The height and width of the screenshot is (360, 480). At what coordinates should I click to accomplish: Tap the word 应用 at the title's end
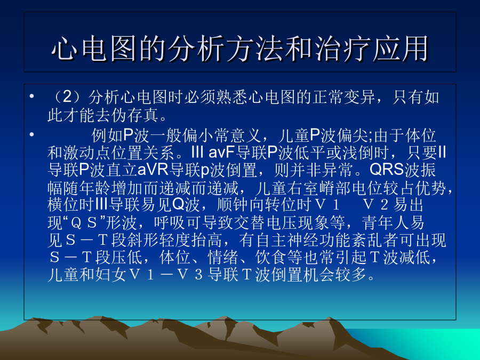pos(400,49)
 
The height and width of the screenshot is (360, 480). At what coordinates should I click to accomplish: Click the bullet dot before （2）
pos(31,97)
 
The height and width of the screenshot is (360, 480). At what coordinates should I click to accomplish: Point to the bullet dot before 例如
pos(31,134)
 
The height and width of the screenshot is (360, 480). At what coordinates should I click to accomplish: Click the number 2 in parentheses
pos(67,97)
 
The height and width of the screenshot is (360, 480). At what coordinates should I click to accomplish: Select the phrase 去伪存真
pos(127,115)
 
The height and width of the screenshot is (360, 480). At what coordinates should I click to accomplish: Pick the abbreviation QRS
pos(387,169)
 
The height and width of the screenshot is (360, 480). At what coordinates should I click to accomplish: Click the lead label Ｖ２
pos(375,205)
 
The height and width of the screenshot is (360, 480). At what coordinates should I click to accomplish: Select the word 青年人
pos(393,222)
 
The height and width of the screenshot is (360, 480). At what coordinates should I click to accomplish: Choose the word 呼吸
pos(169,222)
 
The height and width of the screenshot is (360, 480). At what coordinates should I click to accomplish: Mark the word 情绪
pos(223,257)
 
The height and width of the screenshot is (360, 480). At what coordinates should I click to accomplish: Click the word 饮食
pos(270,257)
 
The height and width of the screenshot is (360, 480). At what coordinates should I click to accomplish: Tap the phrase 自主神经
pos(286,240)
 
